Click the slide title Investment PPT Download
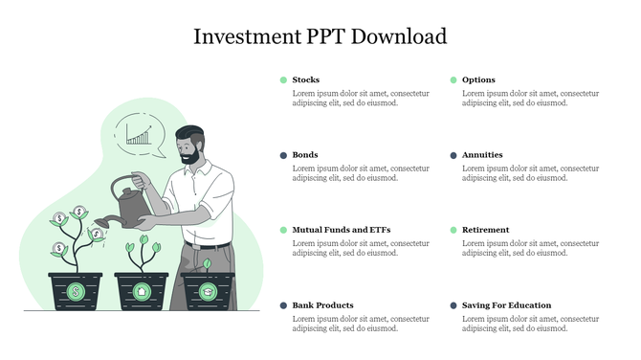point(320,36)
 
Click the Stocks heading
point(306,79)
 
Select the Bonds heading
point(305,154)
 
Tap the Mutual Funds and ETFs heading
point(341,230)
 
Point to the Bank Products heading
point(322,305)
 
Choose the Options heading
point(478,79)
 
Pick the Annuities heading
point(482,154)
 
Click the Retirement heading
point(485,230)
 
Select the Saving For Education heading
point(506,305)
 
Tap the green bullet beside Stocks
point(283,79)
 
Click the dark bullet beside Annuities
point(453,155)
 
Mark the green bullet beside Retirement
point(453,230)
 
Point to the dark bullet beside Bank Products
point(283,305)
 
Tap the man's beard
point(191,153)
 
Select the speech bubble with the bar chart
point(140,135)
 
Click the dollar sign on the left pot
point(76,290)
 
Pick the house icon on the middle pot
point(142,290)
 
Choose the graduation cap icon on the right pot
point(207,290)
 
